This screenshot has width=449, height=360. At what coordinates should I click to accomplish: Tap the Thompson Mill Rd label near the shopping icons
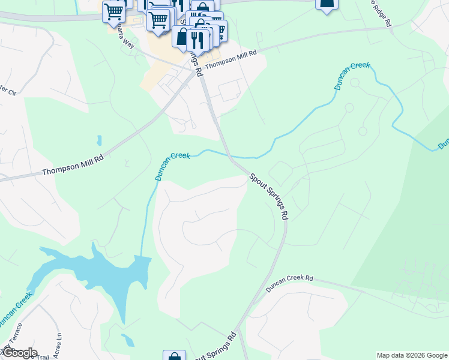(231, 61)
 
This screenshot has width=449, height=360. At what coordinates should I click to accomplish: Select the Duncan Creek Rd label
(290, 283)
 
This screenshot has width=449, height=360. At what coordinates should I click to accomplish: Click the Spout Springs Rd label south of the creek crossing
(269, 196)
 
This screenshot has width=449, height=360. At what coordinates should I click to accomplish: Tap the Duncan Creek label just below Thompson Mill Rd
(173, 166)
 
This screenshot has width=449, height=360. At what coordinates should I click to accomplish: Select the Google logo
(19, 352)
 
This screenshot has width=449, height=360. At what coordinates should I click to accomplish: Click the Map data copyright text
(411, 355)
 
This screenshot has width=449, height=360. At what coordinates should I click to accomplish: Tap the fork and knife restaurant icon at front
(197, 40)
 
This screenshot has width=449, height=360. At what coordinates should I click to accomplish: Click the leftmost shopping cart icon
(113, 12)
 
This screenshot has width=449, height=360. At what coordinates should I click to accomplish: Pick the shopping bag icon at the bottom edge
(174, 356)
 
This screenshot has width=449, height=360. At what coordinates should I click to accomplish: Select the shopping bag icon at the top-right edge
(327, 5)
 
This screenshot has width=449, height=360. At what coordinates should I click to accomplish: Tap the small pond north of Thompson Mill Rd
(98, 140)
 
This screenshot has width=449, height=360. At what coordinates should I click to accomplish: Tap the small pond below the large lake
(128, 340)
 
